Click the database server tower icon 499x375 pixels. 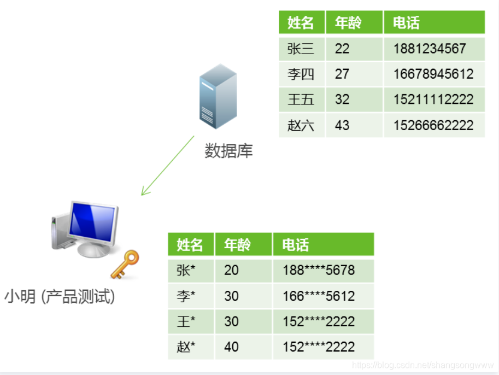click(218, 96)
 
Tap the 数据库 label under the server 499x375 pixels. click(228, 151)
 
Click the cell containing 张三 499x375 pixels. click(301, 49)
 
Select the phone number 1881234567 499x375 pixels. click(429, 49)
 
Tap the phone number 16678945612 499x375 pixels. click(433, 74)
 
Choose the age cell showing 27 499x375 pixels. click(342, 74)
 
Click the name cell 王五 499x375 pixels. click(301, 99)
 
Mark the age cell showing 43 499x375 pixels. click(342, 125)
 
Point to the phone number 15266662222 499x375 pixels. click(433, 125)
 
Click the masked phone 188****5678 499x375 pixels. click(319, 270)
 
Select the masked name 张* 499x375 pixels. click(186, 270)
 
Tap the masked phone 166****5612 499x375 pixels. click(319, 296)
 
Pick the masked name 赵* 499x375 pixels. click(186, 347)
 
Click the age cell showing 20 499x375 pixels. click(231, 270)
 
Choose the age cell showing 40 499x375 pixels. click(231, 347)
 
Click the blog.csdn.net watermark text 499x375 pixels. click(423, 365)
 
